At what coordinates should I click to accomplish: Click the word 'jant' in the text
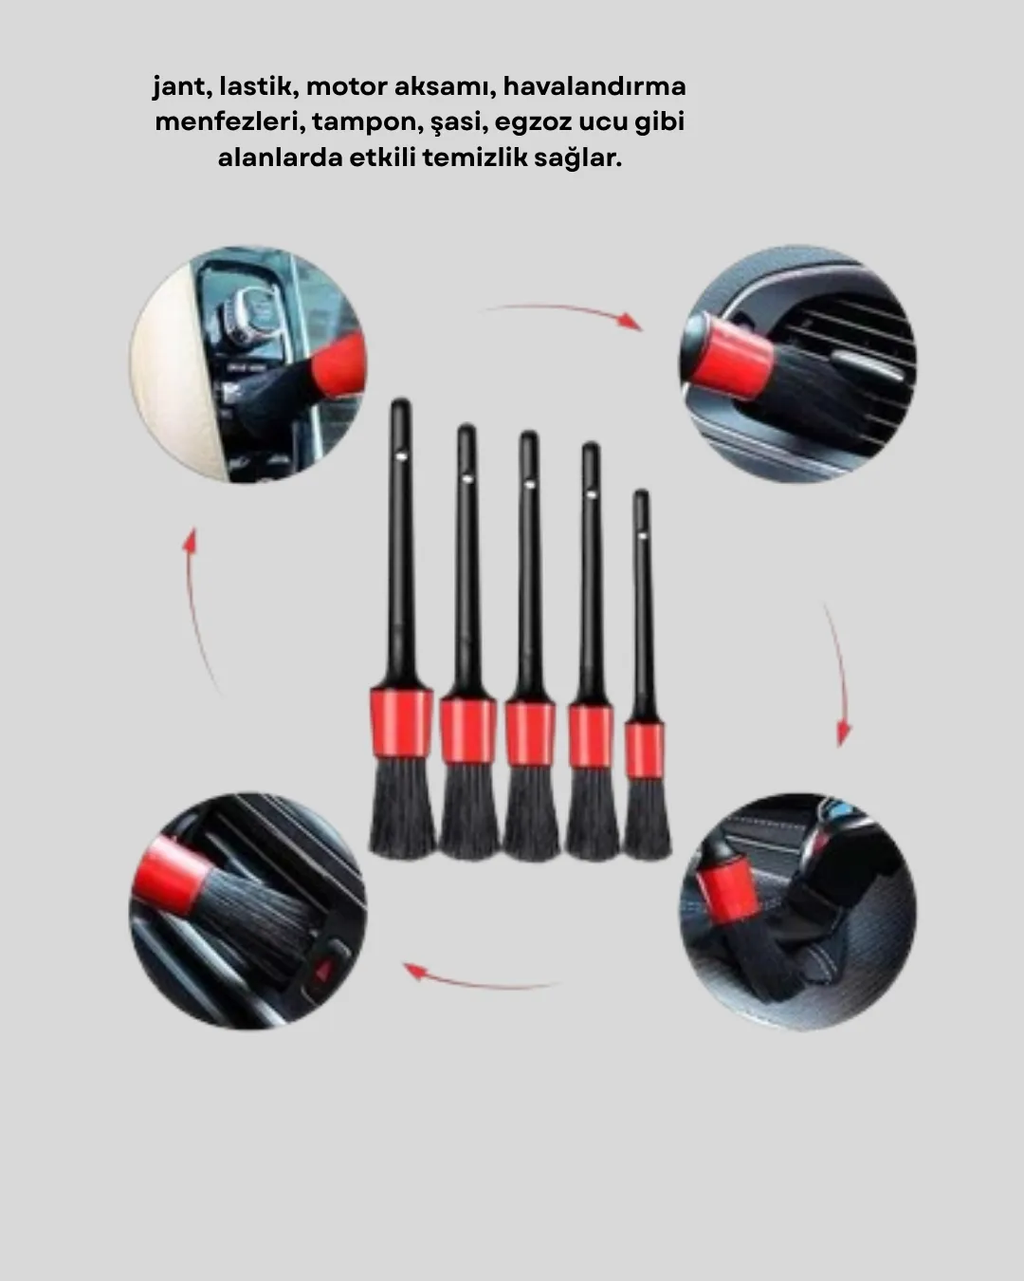[181, 87]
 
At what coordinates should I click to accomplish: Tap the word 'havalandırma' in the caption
[594, 87]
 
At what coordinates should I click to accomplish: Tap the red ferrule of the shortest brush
[644, 741]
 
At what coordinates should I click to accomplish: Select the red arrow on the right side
[837, 674]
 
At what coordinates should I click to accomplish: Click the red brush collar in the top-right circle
[730, 359]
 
